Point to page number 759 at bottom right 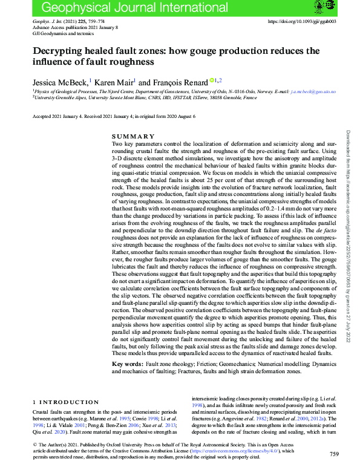tap(334, 454)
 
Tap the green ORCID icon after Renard tap(212, 79)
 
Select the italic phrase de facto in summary tap(321, 230)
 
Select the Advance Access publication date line tap(75, 28)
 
